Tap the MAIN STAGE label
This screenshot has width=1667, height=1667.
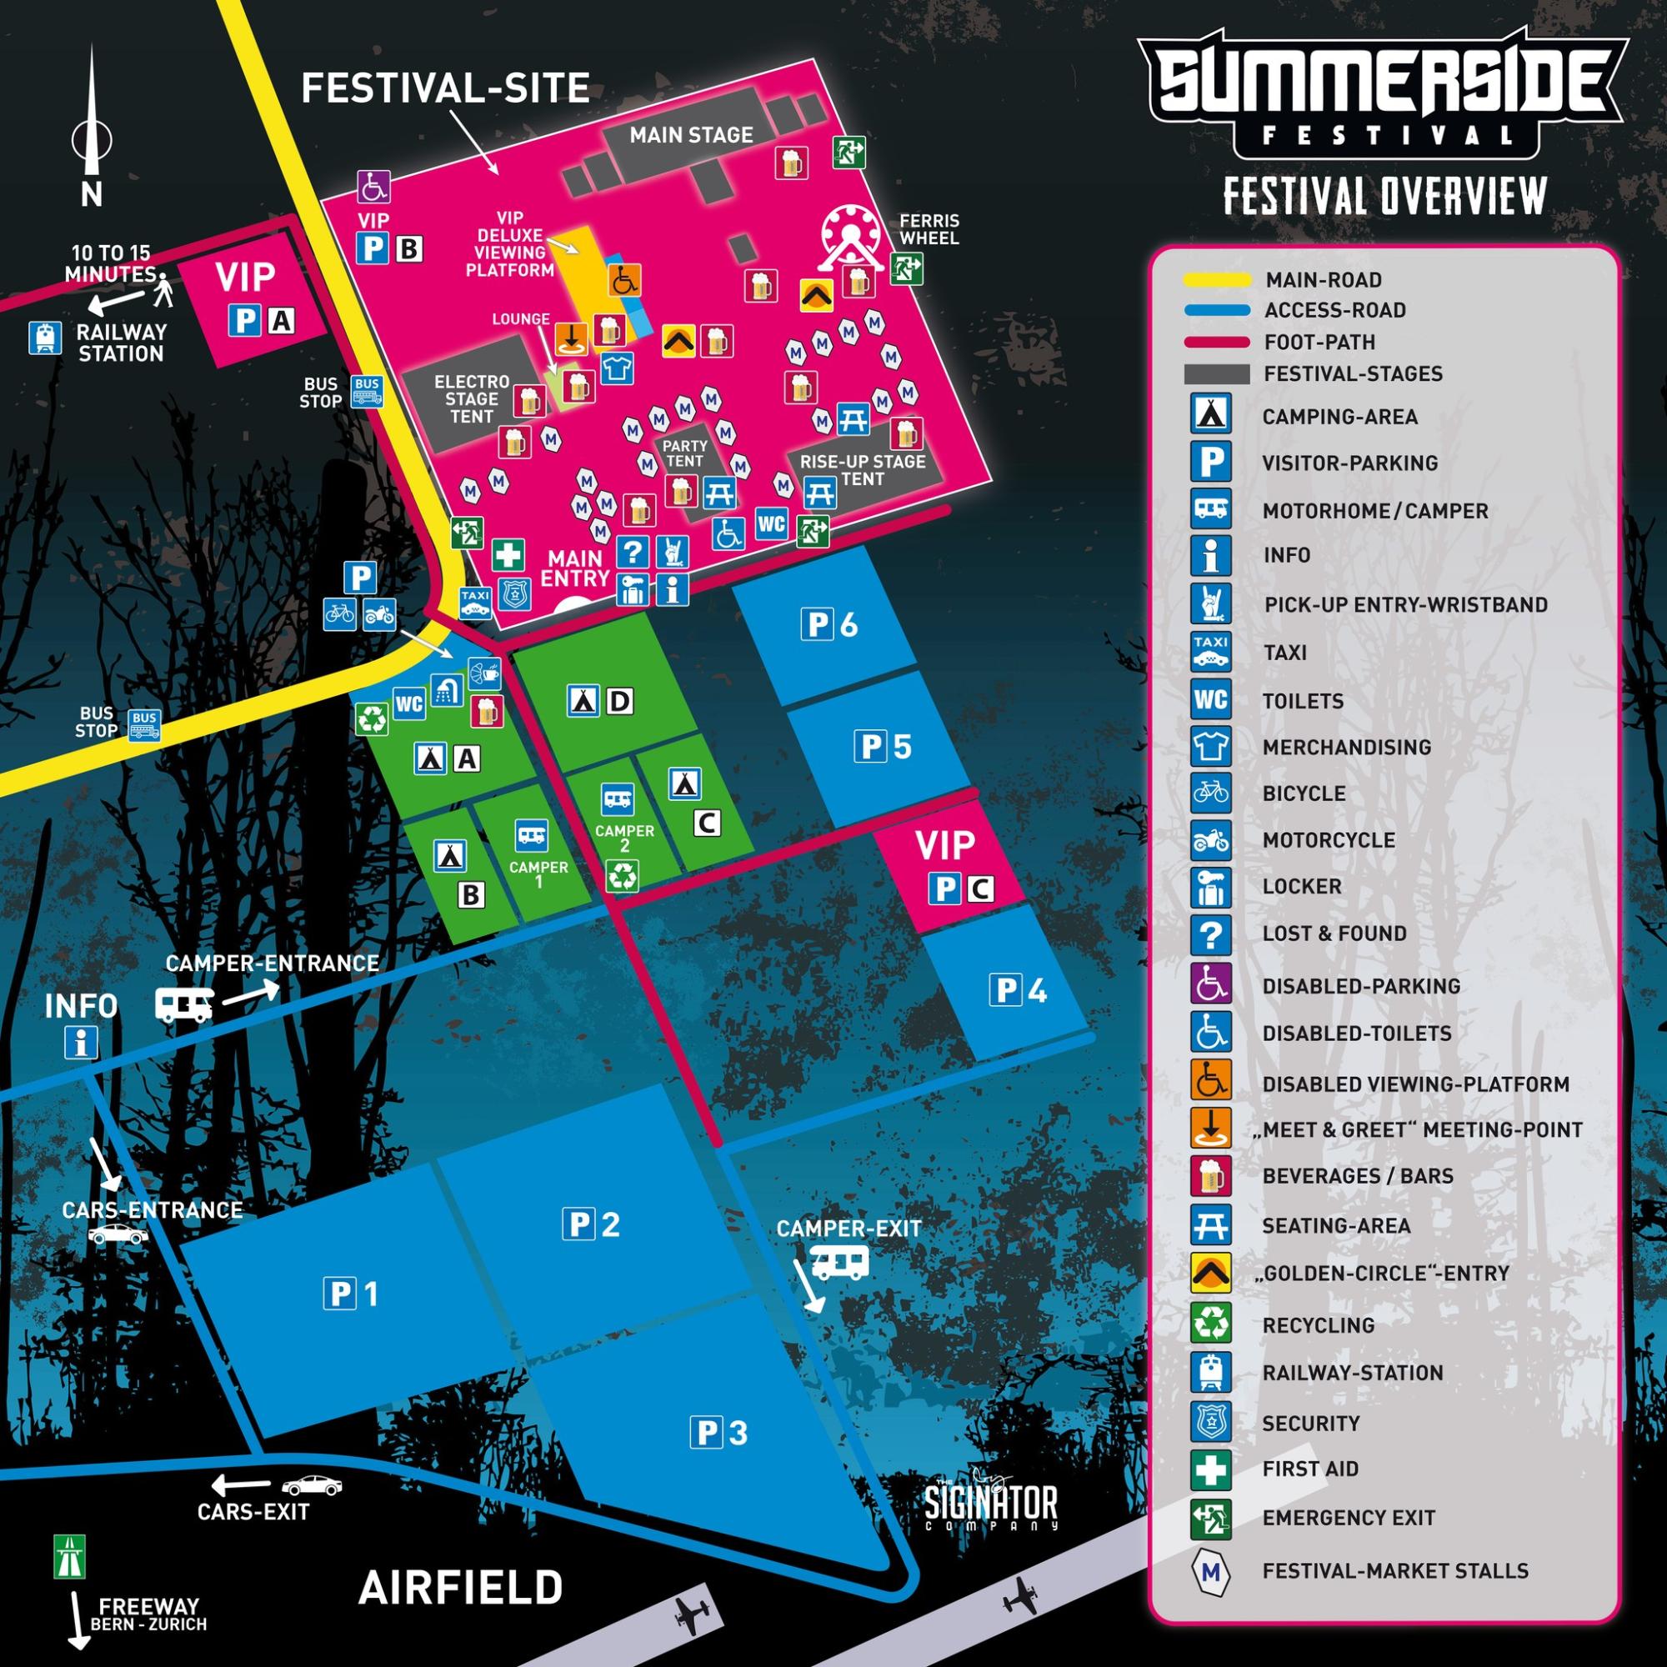pos(690,134)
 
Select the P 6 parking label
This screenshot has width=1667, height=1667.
pos(829,623)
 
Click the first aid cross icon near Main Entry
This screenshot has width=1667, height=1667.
pos(508,554)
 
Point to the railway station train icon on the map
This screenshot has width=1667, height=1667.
pos(44,338)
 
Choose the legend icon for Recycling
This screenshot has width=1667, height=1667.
pos(1210,1323)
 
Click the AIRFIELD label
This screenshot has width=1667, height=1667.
pos(460,1587)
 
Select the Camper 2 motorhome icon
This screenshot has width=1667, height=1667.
pos(617,799)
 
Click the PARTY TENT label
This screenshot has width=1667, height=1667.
pos(684,453)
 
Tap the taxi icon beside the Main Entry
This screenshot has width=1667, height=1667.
pos(474,603)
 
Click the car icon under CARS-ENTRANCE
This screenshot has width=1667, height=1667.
pos(118,1235)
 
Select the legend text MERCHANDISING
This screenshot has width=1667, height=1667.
pos(1346,747)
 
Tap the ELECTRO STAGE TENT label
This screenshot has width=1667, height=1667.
pos(471,398)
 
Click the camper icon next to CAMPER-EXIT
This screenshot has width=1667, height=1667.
pos(839,1264)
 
